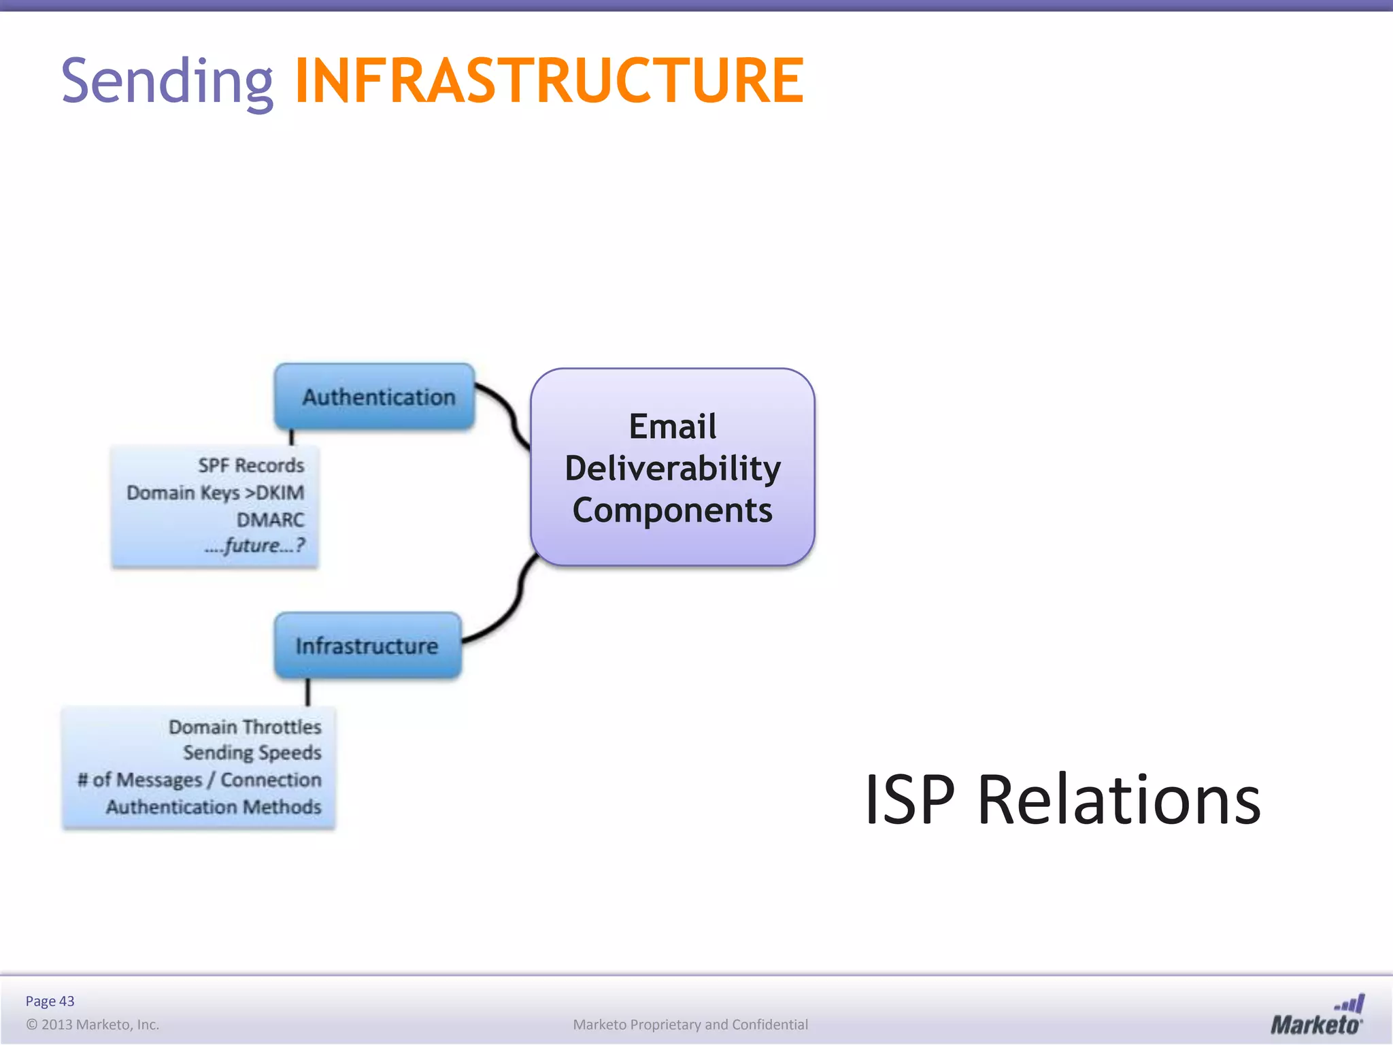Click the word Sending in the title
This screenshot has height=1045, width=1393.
(167, 82)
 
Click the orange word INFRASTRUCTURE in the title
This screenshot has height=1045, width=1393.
(549, 82)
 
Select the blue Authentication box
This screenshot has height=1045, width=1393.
(375, 397)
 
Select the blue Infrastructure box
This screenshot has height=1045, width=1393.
(368, 646)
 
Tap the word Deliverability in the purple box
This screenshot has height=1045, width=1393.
(673, 468)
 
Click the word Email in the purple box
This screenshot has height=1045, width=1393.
(673, 427)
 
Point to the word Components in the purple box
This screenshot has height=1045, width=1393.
(673, 510)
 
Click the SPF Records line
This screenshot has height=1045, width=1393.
(251, 465)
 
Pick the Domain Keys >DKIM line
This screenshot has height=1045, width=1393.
(216, 493)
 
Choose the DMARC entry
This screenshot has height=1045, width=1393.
(270, 520)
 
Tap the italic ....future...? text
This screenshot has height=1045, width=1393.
(254, 546)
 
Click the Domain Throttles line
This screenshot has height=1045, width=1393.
(245, 727)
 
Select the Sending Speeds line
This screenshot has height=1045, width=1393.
(252, 752)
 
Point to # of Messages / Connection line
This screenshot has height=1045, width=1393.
(199, 780)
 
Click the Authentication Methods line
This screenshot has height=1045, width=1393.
(214, 807)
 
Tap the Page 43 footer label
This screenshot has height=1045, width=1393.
(50, 1001)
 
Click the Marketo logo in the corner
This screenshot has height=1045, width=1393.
(1317, 1016)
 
